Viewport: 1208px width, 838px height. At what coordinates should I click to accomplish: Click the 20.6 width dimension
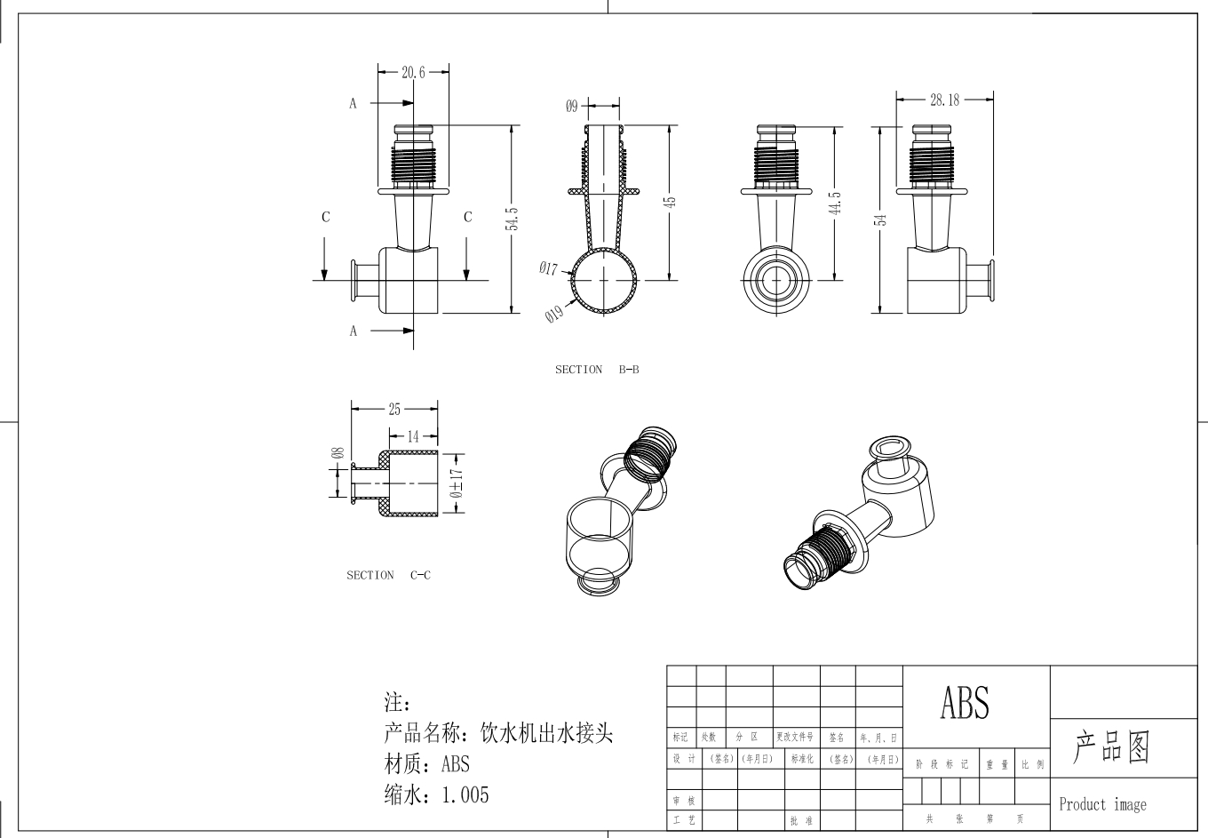click(x=413, y=73)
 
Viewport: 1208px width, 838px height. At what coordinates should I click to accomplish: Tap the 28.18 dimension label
click(x=944, y=100)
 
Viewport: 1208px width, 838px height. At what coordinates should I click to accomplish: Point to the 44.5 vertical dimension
click(x=835, y=203)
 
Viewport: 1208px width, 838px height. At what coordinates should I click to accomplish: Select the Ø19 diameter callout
click(x=553, y=314)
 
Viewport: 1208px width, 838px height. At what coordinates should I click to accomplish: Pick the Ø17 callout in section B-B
click(x=547, y=267)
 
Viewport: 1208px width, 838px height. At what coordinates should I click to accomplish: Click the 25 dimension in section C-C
click(x=394, y=409)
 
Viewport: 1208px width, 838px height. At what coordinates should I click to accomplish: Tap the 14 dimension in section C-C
click(x=413, y=436)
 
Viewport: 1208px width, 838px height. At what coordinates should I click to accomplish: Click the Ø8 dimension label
click(x=338, y=453)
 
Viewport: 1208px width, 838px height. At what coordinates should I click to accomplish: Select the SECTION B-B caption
click(x=597, y=370)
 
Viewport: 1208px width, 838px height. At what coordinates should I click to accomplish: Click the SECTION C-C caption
click(x=388, y=575)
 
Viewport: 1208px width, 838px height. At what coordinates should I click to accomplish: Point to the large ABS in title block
click(x=964, y=702)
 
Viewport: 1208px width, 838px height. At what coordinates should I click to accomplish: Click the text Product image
click(x=1102, y=804)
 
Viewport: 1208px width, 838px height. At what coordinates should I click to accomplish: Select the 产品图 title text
click(x=1112, y=748)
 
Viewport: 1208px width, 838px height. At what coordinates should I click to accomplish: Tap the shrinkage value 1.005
click(x=465, y=794)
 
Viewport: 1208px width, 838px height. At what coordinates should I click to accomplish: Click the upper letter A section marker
click(x=353, y=104)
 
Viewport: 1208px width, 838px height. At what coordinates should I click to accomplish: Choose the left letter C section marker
click(x=326, y=217)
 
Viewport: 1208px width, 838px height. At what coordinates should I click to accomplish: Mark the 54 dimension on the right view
click(x=880, y=219)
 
